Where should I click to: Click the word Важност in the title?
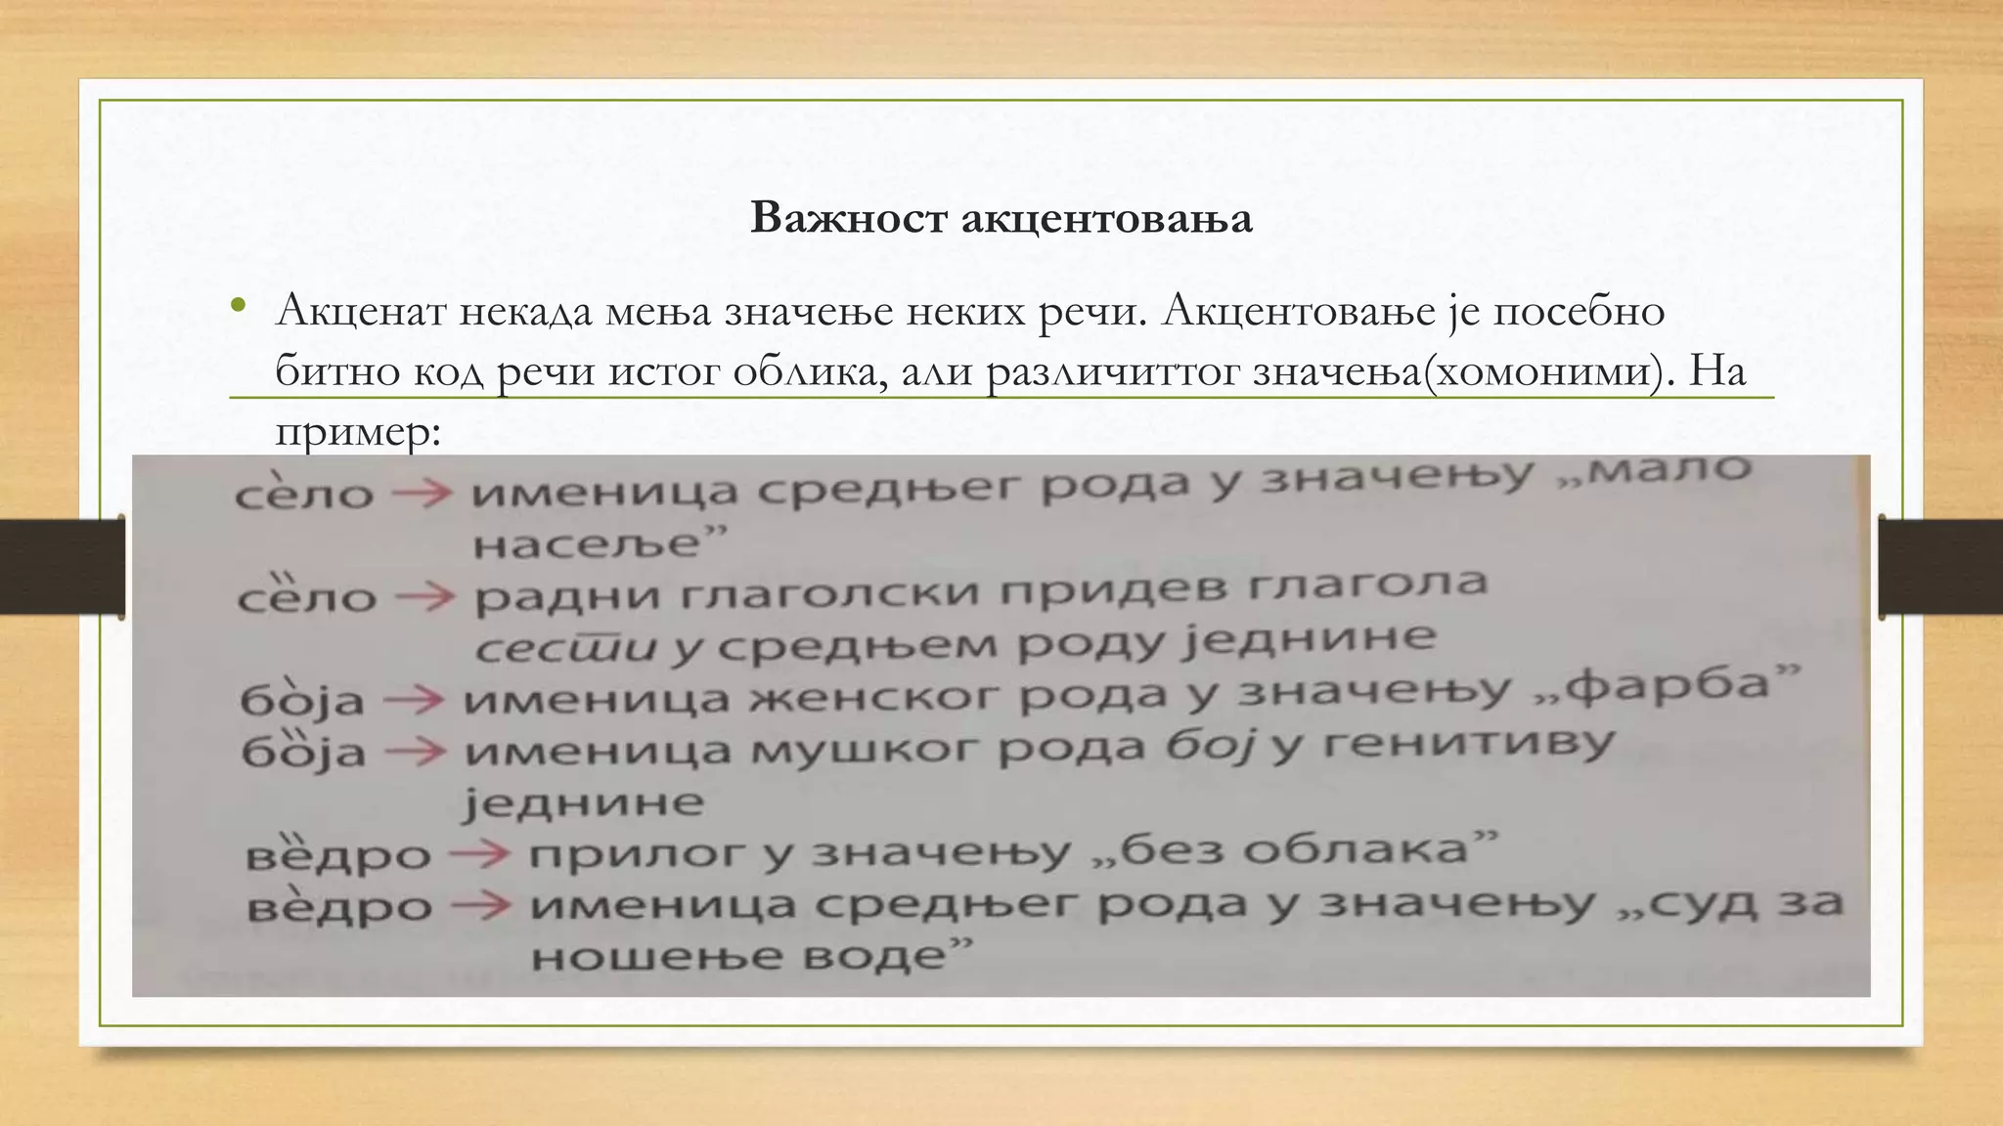pyautogui.click(x=848, y=218)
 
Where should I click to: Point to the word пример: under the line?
pyautogui.click(x=358, y=432)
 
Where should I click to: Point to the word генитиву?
pyautogui.click(x=1467, y=745)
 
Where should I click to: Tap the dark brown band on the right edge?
pyautogui.click(x=1941, y=567)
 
